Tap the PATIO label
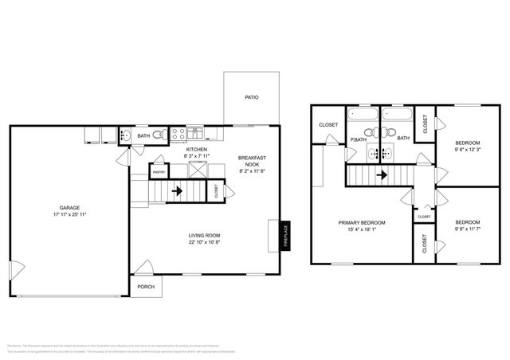tap(250, 98)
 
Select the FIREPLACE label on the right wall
tap(284, 236)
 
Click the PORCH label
tap(146, 287)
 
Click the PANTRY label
tap(159, 171)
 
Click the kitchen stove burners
tap(179, 133)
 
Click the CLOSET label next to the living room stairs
tap(216, 190)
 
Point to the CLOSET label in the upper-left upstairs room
tap(328, 125)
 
